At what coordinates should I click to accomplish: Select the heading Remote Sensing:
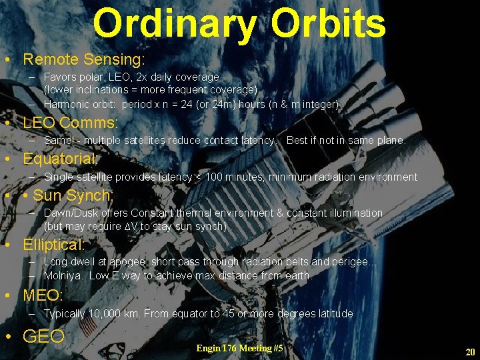coord(83,59)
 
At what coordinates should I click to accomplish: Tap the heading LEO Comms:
coord(70,123)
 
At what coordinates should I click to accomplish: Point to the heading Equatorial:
coord(60,159)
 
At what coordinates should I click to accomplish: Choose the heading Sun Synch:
coord(73,195)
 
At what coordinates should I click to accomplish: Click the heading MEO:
coord(43,295)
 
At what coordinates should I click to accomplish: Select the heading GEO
coord(43,337)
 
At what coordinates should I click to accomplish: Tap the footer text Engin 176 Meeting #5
coord(239,348)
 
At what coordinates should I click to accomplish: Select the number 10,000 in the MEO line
coord(107,313)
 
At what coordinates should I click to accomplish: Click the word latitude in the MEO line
coord(332,313)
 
